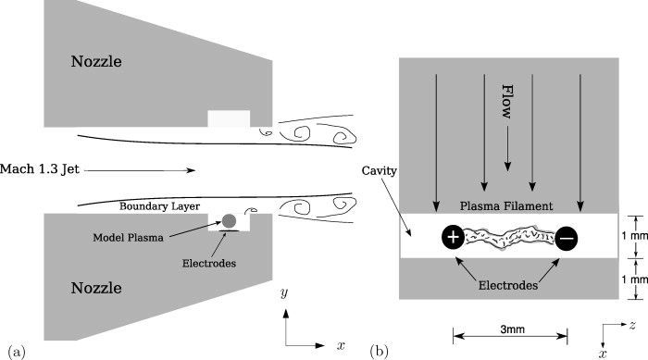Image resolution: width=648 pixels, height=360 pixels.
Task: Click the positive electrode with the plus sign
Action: click(x=454, y=238)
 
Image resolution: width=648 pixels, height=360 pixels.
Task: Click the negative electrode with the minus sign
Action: click(x=567, y=238)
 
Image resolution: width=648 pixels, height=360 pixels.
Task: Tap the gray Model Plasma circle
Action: click(x=227, y=220)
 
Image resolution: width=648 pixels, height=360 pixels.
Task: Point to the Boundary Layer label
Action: click(x=160, y=205)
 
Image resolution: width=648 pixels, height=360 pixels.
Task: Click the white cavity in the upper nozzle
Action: click(x=228, y=118)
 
